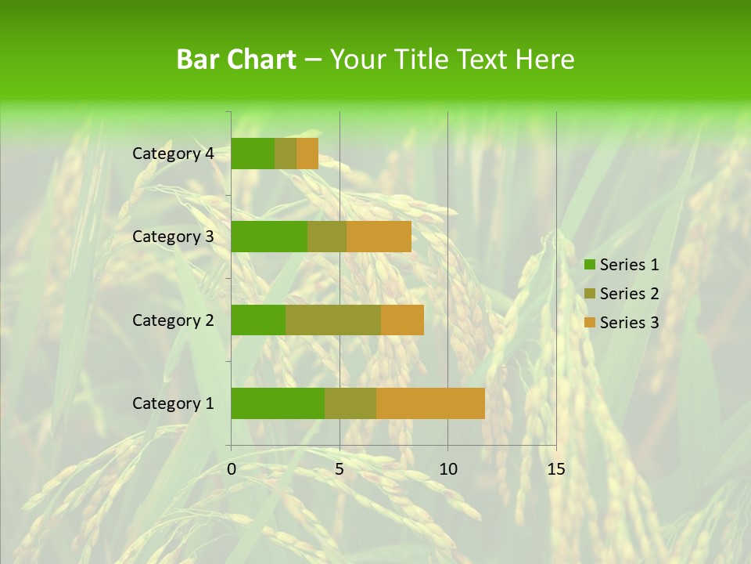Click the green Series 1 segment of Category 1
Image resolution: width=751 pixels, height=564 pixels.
pos(278,403)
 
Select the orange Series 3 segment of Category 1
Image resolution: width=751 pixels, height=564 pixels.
pos(430,403)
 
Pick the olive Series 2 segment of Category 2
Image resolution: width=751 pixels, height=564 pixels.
pos(333,320)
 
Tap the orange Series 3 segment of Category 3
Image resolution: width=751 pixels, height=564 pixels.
pos(379,237)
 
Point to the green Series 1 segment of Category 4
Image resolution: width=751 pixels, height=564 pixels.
pos(253,154)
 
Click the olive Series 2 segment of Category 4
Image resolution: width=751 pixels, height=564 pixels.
pos(286,154)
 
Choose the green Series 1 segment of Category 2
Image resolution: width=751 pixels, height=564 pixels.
pos(258,320)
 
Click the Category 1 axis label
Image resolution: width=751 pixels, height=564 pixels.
pos(173,403)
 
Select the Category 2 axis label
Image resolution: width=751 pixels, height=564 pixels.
pos(173,320)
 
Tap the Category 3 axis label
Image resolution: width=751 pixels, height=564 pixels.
pos(173,237)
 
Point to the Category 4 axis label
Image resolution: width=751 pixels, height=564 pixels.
pos(173,154)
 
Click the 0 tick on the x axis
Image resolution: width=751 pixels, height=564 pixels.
pos(232,469)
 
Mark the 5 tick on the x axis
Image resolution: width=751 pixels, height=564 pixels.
pos(340,469)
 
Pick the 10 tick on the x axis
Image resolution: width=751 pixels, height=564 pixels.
pos(447,469)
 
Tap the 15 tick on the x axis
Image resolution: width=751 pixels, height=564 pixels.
pos(555,469)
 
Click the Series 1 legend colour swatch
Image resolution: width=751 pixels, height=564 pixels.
pos(589,265)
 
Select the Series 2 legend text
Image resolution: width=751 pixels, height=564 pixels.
pos(629,294)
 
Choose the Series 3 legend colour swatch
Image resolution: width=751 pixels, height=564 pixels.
pos(589,323)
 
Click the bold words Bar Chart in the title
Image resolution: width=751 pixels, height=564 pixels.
pos(236,60)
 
